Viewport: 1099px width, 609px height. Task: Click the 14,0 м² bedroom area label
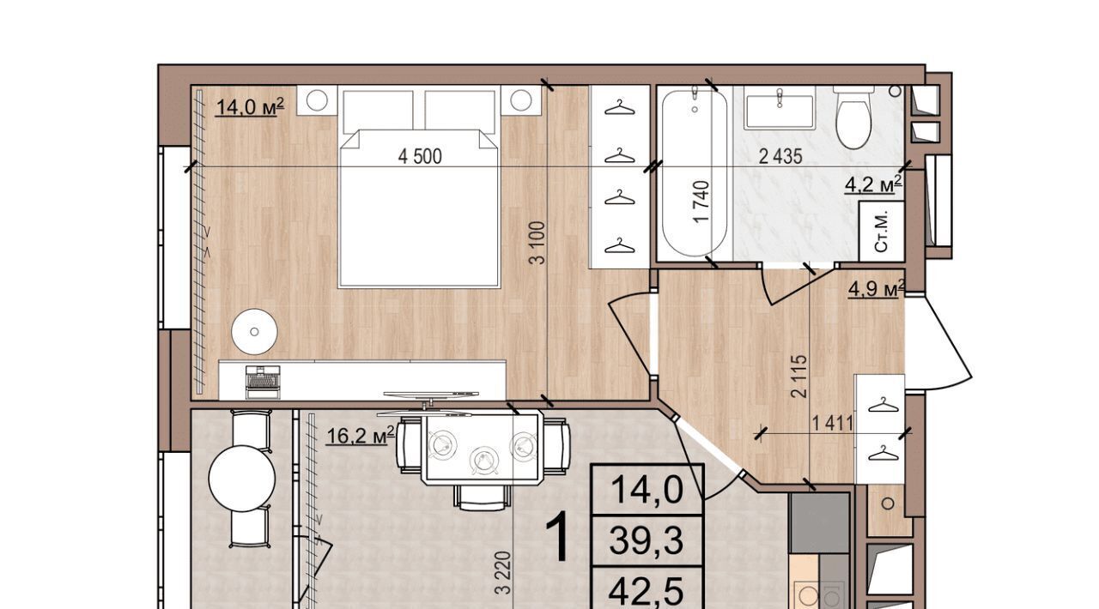click(x=250, y=107)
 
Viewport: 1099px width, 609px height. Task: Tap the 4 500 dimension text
click(x=420, y=157)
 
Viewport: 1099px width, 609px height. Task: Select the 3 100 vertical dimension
click(x=538, y=243)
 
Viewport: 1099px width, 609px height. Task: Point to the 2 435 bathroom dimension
click(x=780, y=156)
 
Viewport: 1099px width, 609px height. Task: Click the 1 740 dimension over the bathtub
click(x=701, y=202)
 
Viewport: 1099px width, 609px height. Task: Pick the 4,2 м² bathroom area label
click(x=873, y=184)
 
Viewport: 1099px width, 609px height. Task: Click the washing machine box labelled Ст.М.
click(x=882, y=232)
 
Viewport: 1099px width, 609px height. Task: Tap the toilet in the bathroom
click(x=853, y=118)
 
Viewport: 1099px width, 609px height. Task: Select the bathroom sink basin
click(x=780, y=112)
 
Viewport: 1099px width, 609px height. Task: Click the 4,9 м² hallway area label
click(x=877, y=288)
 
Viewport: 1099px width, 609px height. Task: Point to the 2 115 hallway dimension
click(x=798, y=376)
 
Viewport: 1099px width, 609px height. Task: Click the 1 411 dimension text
click(x=833, y=423)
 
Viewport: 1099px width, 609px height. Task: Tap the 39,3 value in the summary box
click(x=647, y=541)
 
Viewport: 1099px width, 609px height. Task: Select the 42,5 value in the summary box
click(x=647, y=592)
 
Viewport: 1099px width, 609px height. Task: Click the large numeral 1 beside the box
click(x=559, y=536)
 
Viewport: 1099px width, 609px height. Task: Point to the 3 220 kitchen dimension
click(x=503, y=573)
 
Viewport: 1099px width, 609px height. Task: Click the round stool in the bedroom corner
click(x=254, y=331)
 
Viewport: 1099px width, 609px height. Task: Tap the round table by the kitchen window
click(x=242, y=479)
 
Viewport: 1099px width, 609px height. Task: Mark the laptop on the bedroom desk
click(x=263, y=382)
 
